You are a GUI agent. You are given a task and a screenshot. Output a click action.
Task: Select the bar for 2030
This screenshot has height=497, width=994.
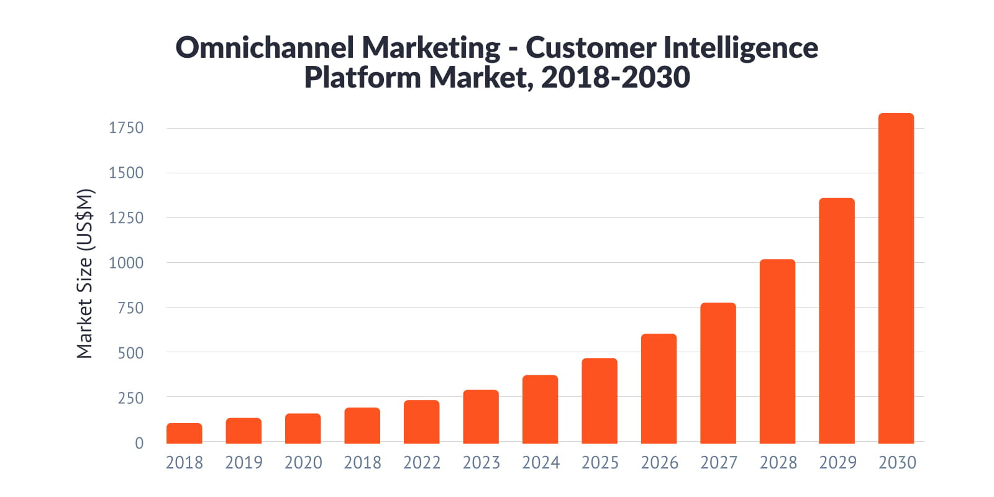click(896, 280)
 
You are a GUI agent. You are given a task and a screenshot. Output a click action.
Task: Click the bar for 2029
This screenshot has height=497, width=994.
click(837, 321)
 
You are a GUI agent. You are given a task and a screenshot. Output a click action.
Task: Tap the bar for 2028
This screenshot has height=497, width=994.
click(777, 352)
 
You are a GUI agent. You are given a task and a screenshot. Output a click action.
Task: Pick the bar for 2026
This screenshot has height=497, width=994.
click(659, 389)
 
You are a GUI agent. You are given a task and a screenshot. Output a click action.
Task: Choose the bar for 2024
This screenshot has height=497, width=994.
click(540, 409)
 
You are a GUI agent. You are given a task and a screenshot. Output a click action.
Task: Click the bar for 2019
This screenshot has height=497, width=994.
click(244, 431)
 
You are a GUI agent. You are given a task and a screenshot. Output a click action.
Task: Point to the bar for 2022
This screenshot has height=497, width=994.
click(421, 422)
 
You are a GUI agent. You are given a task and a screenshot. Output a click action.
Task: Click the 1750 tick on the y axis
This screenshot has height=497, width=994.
click(126, 128)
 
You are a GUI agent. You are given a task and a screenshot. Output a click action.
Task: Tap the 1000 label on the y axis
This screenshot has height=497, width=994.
click(126, 263)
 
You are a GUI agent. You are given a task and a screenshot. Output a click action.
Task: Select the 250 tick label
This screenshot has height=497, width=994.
click(130, 398)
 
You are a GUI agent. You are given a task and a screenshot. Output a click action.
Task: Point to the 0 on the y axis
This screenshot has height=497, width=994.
click(139, 443)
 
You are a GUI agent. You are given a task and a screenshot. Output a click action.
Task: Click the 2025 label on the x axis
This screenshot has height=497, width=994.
click(600, 463)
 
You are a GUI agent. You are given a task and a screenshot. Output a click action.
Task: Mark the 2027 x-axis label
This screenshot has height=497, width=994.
click(718, 463)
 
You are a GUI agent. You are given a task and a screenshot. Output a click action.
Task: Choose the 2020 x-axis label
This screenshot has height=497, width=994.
click(303, 463)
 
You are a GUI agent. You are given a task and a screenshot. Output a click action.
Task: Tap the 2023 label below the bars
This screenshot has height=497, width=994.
click(481, 463)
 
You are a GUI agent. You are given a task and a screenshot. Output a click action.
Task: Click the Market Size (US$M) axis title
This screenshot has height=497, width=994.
click(84, 273)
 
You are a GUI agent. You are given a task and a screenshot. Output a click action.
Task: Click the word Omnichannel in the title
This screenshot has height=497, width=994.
click(265, 48)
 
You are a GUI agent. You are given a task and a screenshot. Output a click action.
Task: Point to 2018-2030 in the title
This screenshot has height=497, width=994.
click(615, 78)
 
